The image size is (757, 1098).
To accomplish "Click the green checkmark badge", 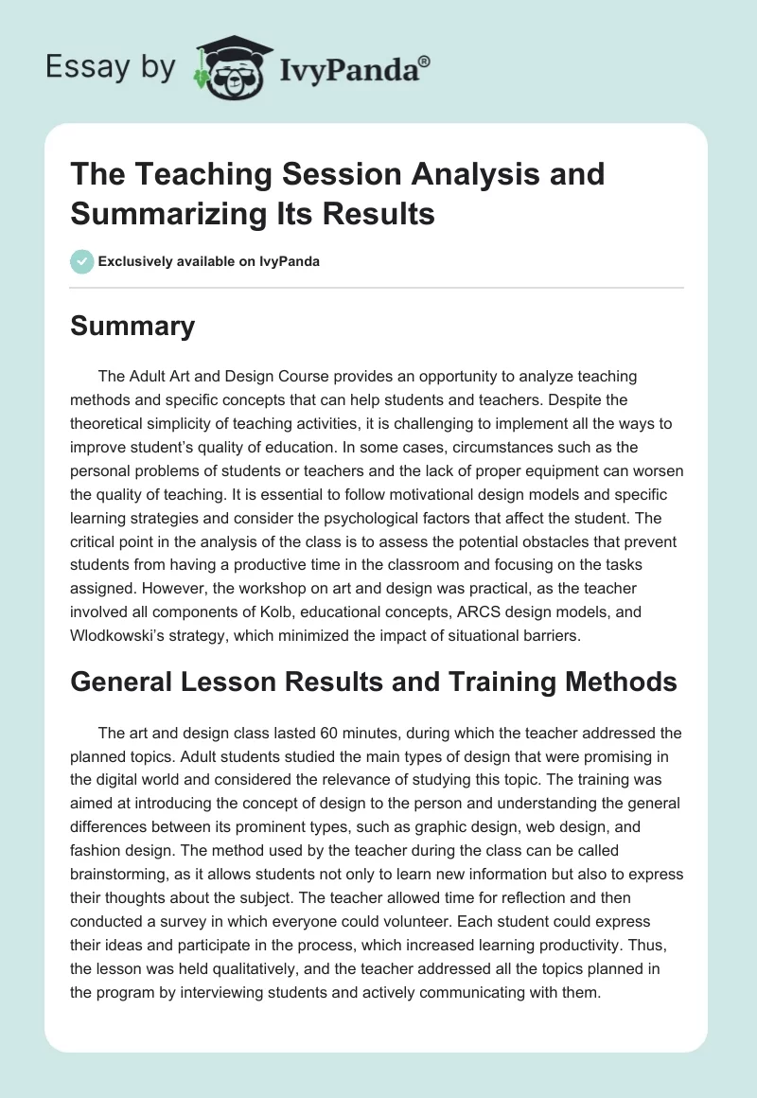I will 82,261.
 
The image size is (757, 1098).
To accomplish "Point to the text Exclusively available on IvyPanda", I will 209,261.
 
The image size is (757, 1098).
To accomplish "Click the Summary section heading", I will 133,327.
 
